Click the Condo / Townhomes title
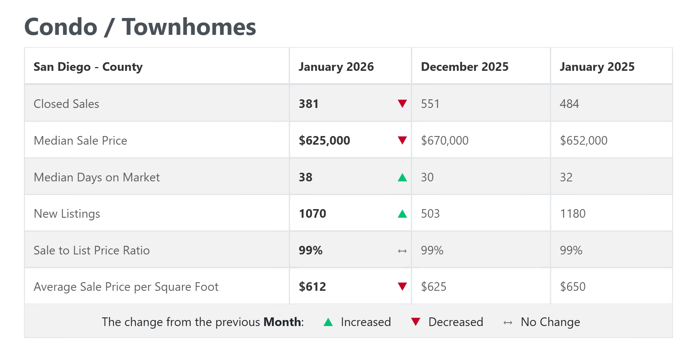pos(140,27)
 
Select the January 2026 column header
pos(336,67)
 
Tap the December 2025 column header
pos(465,67)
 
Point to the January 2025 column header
pos(597,67)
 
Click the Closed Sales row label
pos(66,104)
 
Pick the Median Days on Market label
pos(97,177)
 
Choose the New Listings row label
pos(67,214)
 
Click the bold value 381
pos(308,104)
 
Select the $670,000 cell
pos(445,141)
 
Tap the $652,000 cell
pos(583,141)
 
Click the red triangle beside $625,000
pos(402,141)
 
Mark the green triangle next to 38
pos(402,177)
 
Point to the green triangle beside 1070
pos(402,214)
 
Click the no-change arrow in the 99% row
pos(402,251)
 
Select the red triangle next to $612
pos(402,287)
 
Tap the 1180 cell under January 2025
pos(573,214)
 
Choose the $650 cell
pos(573,287)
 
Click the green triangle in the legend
pos(328,322)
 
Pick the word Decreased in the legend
pos(456,322)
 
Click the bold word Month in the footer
pos(282,322)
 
